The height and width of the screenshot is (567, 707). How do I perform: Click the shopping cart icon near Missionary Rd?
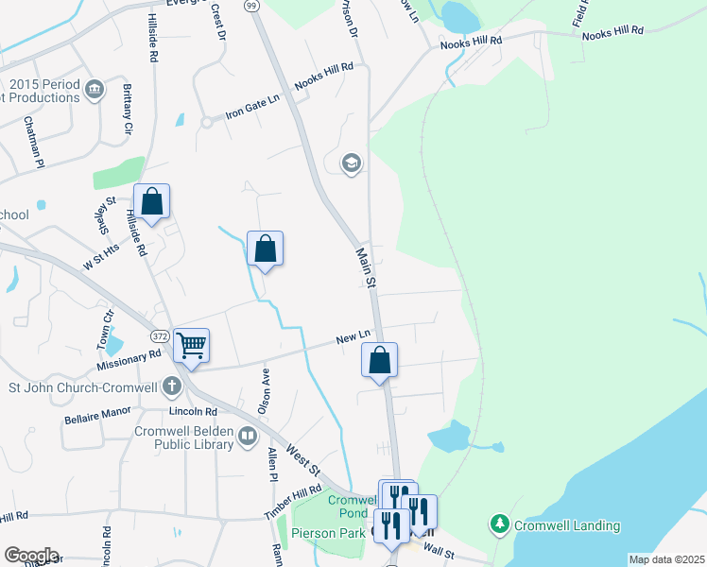pos(191,347)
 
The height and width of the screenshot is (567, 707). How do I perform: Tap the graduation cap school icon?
pos(352,163)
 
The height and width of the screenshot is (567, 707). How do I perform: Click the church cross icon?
pos(171,386)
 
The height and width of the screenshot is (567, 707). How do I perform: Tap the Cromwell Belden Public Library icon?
pos(248,436)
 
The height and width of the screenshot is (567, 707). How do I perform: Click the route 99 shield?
pos(251,6)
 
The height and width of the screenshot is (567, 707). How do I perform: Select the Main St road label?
pos(366,268)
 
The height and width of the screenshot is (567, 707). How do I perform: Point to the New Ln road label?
pos(353,337)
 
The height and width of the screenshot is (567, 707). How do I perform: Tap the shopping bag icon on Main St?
pos(379,359)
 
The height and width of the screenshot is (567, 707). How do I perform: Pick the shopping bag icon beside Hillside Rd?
pos(151,201)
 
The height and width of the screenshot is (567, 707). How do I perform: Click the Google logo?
pos(31,555)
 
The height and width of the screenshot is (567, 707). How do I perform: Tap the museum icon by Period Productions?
pos(95,91)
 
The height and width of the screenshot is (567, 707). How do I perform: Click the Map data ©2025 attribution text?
pos(665,559)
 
